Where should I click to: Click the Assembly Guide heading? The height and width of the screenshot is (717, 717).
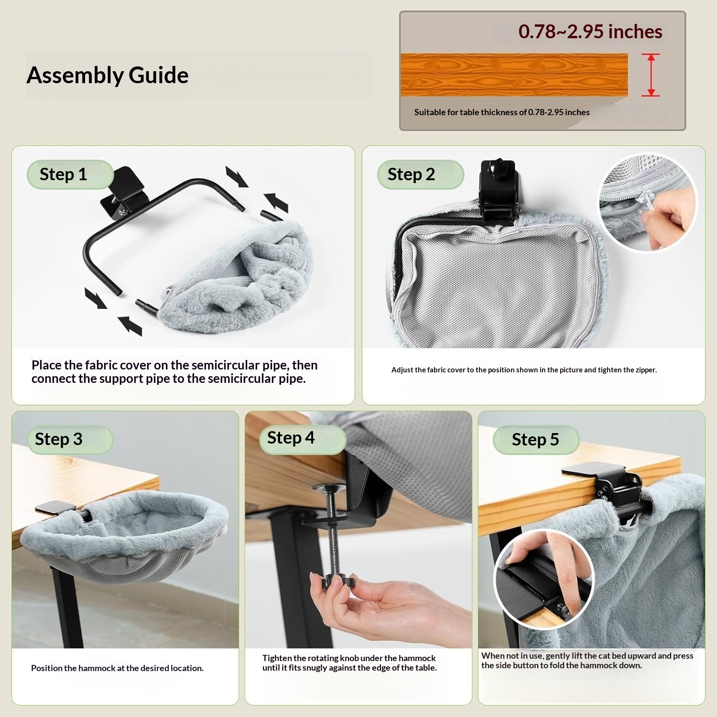[x=108, y=76]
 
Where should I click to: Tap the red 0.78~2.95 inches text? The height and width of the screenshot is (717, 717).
[x=590, y=32]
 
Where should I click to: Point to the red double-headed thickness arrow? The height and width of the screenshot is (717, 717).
[x=651, y=75]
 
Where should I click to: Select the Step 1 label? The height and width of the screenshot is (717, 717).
[x=64, y=174]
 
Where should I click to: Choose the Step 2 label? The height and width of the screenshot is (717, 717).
[x=411, y=174]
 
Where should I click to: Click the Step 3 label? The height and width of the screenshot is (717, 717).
[x=59, y=439]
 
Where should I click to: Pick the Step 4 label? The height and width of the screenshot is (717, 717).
[x=291, y=438]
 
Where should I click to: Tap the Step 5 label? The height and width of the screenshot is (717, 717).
[x=535, y=440]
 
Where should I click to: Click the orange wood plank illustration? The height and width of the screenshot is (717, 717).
[x=514, y=75]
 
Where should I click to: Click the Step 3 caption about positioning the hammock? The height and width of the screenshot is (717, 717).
[x=117, y=668]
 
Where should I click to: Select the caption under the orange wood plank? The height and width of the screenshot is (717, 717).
[x=502, y=112]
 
